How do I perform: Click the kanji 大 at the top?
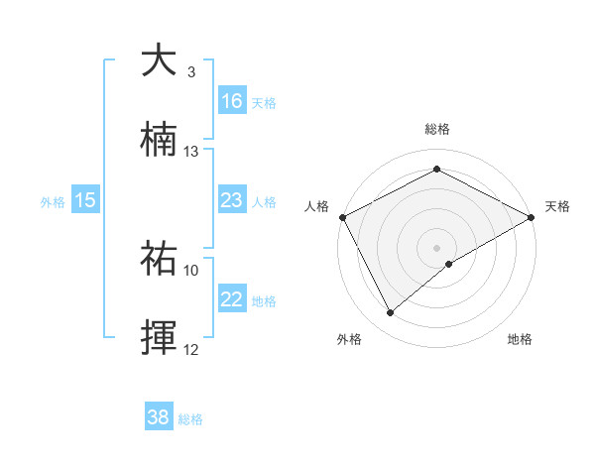pos(160,60)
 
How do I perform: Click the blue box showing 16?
pos(233,101)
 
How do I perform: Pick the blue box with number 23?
pos(232,200)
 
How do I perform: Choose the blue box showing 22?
pos(232,300)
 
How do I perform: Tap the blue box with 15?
pos(85,200)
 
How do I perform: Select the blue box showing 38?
pos(158,417)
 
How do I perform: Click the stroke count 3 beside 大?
pos(191,72)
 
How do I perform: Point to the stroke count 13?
pos(191,152)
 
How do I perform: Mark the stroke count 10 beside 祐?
pos(191,270)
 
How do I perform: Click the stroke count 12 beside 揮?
pos(191,349)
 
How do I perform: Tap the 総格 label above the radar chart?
pos(437,130)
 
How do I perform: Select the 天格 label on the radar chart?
pos(557,206)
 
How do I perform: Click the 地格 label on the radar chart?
pos(520,339)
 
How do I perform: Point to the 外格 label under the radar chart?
pos(349,339)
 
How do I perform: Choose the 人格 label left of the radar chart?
pos(316,206)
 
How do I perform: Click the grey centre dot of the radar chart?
pos(437,247)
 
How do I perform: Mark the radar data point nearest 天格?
pos(533,217)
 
